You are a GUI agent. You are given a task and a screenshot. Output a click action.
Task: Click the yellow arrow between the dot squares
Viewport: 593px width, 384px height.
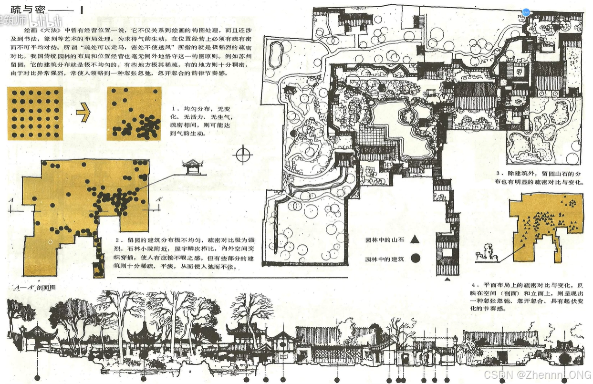point(84,114)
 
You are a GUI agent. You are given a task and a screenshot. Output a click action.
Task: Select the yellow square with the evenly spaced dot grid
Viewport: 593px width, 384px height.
point(35,114)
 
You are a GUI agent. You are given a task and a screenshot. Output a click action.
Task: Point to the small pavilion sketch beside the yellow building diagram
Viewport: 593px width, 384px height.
point(193,166)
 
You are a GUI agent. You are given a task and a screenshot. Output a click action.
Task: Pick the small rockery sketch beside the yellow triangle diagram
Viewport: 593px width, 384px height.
point(487,253)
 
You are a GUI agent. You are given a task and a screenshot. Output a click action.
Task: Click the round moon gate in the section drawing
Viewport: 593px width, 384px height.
point(564,357)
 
